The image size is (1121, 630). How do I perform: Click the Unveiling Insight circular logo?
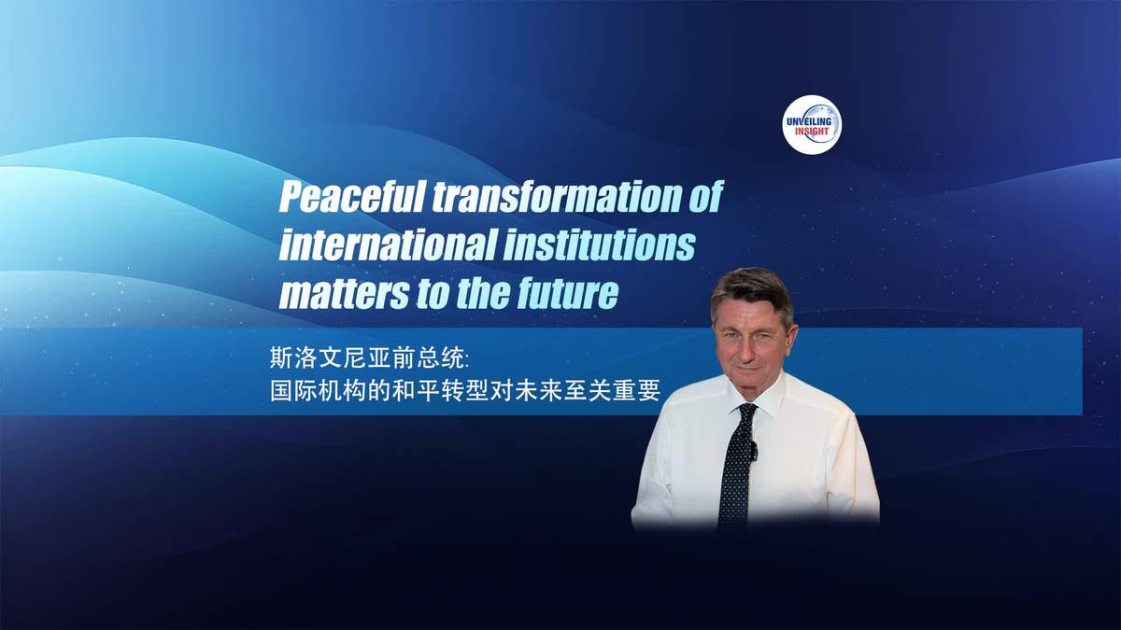[812, 124]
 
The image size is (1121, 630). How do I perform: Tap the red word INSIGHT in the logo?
[812, 132]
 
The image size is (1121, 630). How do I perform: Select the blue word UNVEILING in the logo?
[809, 121]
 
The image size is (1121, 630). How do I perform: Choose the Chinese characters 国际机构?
[319, 391]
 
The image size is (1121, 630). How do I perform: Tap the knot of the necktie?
[746, 413]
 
